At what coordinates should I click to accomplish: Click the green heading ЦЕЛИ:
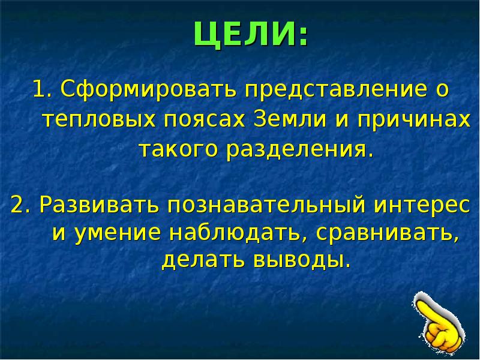(x=251, y=34)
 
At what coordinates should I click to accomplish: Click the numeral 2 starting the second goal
(x=18, y=205)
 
